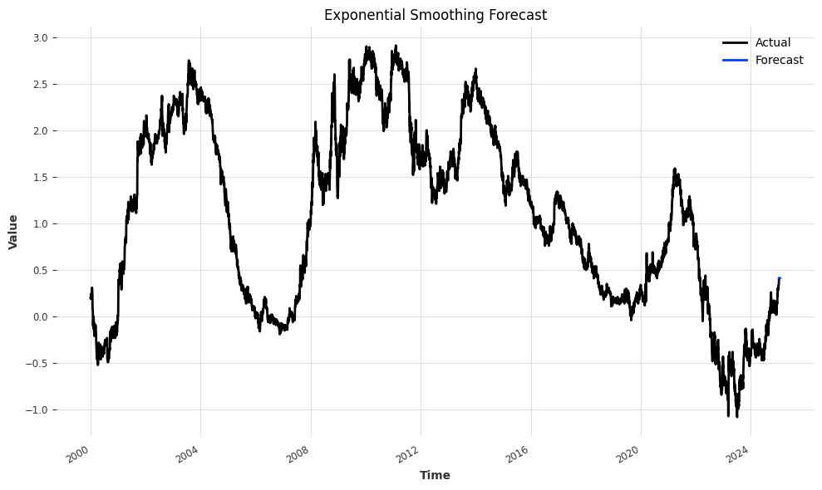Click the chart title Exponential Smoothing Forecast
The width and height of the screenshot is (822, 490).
pos(435,15)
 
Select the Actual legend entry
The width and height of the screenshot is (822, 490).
pos(772,42)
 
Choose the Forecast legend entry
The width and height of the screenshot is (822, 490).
pos(779,60)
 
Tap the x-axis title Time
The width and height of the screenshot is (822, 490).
pos(435,475)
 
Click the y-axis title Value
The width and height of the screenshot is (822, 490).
pos(13,232)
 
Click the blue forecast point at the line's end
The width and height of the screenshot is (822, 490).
pos(779,278)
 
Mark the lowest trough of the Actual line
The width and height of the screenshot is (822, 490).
pos(728,415)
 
